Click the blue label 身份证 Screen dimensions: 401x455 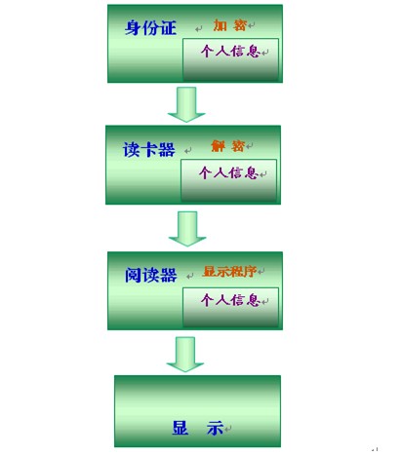(150, 27)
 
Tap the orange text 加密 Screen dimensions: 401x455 (229, 25)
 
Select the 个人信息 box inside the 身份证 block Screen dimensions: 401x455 (230, 59)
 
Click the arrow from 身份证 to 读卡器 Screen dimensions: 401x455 (186, 104)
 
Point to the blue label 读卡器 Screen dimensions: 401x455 (149, 150)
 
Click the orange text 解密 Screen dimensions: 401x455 (227, 146)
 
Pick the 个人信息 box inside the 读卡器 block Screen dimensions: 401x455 (228, 180)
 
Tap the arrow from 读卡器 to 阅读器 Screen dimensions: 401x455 (187, 229)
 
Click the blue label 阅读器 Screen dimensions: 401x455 (151, 275)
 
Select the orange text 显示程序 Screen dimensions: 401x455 (229, 271)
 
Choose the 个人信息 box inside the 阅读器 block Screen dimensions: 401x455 (230, 307)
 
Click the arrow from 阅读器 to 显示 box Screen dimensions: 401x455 (185, 355)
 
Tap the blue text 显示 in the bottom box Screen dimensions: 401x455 (198, 428)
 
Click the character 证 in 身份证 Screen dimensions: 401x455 (169, 27)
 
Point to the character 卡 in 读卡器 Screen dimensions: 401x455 (149, 150)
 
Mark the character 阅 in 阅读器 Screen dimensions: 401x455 (133, 275)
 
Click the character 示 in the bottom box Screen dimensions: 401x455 (216, 428)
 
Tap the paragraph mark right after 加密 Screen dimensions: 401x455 (251, 25)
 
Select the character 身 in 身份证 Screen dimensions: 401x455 (133, 27)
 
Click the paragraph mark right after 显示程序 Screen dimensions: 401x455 (261, 271)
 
